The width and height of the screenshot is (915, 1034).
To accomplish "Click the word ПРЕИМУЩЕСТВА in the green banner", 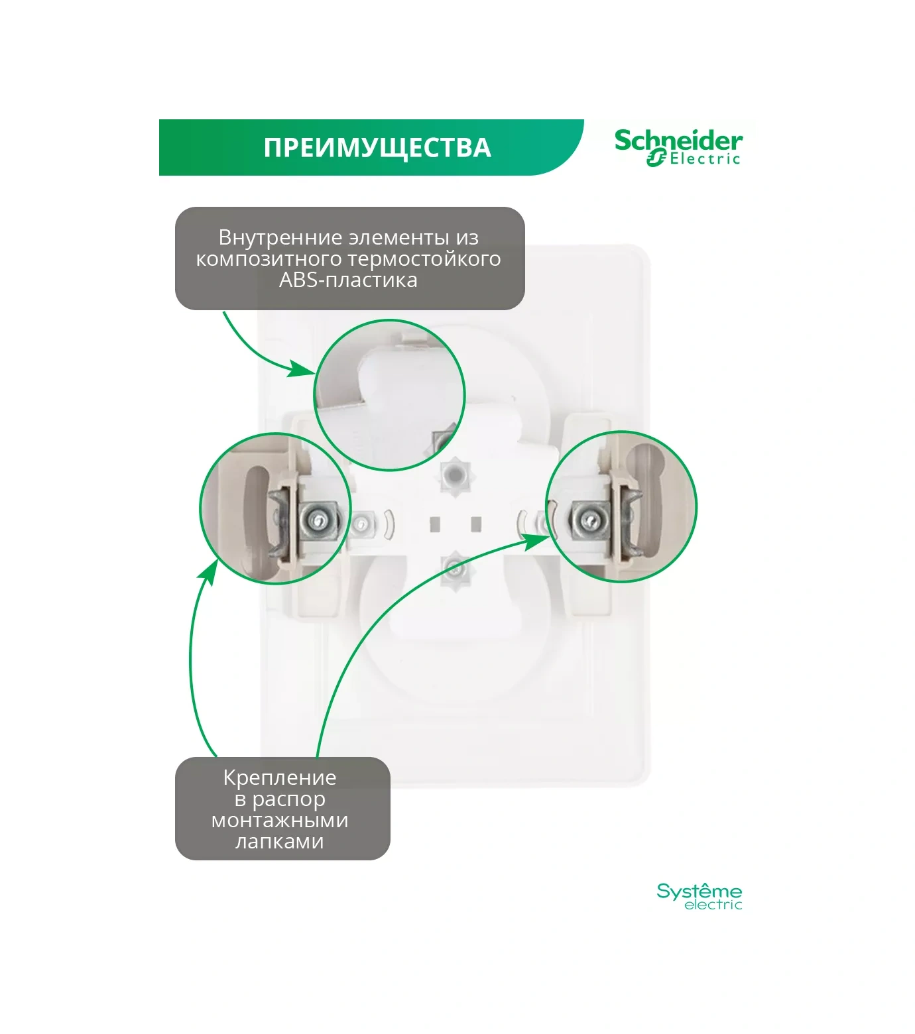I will click(377, 147).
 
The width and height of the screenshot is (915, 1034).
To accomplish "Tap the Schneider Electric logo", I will click(678, 147).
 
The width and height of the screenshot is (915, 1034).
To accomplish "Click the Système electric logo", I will click(699, 896).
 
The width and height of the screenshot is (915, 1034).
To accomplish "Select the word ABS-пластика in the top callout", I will click(348, 280).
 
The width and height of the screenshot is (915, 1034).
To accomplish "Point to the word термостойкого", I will click(424, 258).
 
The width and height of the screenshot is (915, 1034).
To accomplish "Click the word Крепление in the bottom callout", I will click(279, 777).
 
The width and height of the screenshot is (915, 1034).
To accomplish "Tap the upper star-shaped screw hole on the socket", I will click(454, 475).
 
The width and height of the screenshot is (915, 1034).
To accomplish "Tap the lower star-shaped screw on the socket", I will click(454, 567).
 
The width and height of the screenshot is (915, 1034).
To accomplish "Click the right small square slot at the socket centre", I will click(475, 524).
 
